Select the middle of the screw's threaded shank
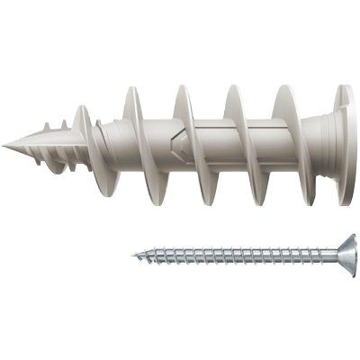(234, 256)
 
